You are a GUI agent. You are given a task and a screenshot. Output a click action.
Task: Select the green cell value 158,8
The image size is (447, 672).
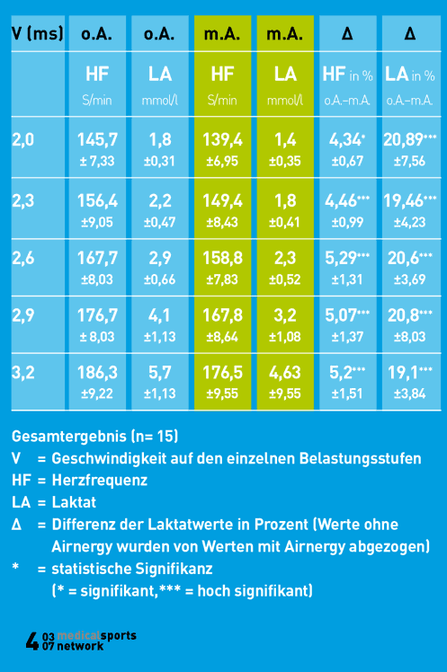[x=223, y=258]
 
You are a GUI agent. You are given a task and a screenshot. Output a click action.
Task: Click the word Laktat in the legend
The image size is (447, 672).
[x=76, y=502]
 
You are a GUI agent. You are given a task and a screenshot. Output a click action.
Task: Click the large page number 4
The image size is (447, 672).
[x=32, y=641]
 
